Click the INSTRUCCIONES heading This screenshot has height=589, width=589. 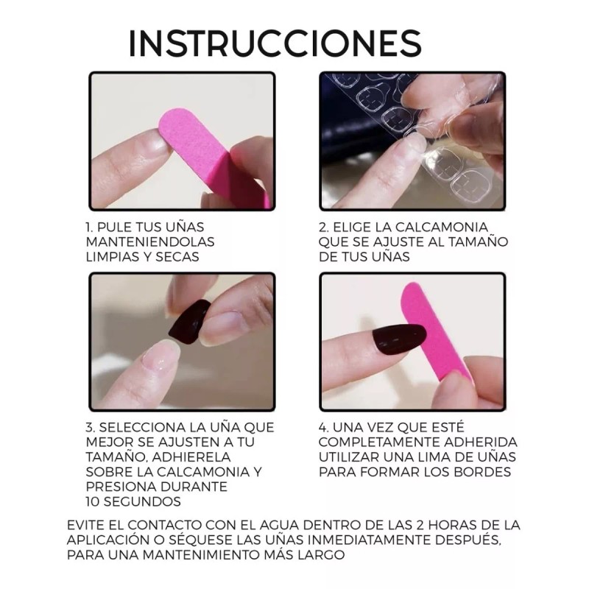275,43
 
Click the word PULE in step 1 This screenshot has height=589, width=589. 117,227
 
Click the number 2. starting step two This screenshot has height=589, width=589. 325,227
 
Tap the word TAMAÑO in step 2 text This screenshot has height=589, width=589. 482,241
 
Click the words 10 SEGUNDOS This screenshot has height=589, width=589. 133,501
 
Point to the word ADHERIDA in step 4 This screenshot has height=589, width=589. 479,442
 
